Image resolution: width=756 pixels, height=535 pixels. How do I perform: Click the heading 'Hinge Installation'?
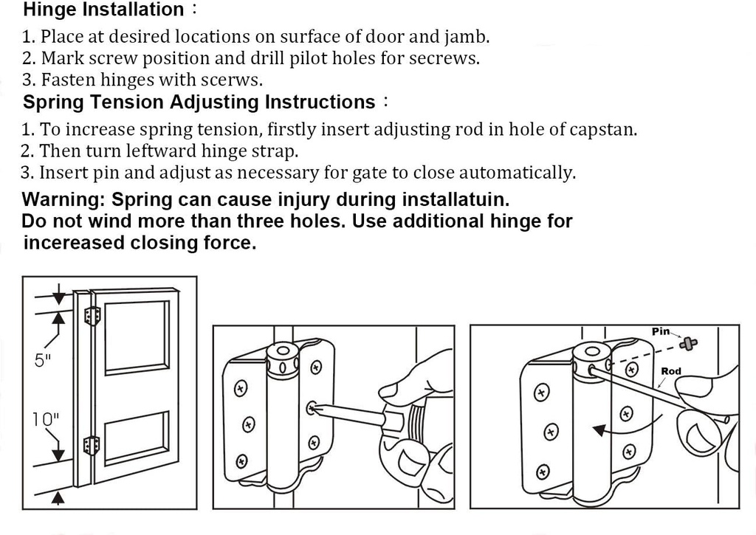103,10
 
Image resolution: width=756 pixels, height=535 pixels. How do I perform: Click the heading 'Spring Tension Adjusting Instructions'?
199,102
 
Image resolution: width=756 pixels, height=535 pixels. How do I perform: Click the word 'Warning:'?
62,200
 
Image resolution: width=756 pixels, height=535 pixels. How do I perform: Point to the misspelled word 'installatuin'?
455,200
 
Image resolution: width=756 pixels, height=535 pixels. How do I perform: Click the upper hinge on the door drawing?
92,316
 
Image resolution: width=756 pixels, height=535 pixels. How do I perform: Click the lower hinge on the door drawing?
92,446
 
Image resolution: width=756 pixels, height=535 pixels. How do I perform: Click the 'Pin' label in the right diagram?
661,331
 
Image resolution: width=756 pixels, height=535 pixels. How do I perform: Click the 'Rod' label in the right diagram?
670,371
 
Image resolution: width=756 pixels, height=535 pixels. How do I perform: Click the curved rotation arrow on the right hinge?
610,427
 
